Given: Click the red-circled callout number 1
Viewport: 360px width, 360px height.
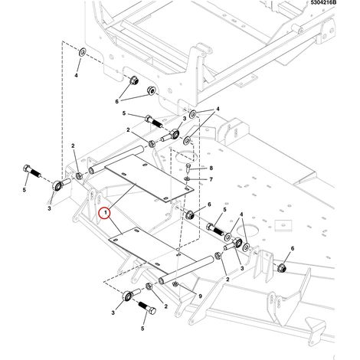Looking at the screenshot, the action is point(105,213).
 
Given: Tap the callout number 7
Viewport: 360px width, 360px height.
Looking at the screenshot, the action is point(211,179).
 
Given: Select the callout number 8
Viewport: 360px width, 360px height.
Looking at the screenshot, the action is point(211,168).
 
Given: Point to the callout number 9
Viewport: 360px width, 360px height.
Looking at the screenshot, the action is point(200,296).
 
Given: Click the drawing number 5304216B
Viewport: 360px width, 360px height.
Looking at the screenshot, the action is point(323,2).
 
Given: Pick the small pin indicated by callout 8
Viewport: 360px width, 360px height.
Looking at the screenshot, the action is point(188,168).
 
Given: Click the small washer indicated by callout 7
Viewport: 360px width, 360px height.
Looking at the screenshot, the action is point(187,178).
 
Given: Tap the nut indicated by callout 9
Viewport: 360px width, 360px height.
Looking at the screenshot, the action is point(175,284).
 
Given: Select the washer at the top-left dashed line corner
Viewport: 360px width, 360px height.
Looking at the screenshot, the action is point(83,53).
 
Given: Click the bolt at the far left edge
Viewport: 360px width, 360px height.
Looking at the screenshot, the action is point(32,172).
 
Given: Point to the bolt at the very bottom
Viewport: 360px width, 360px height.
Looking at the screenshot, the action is point(147,309).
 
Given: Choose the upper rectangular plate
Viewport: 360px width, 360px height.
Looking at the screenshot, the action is point(149,178).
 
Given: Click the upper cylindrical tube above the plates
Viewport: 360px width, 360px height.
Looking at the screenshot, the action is point(115,159).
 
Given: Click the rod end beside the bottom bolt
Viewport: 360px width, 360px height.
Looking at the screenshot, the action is point(131,295).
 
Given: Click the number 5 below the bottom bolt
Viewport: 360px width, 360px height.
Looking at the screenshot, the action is point(142,329).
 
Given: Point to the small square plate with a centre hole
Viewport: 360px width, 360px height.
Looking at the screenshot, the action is point(283,225).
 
